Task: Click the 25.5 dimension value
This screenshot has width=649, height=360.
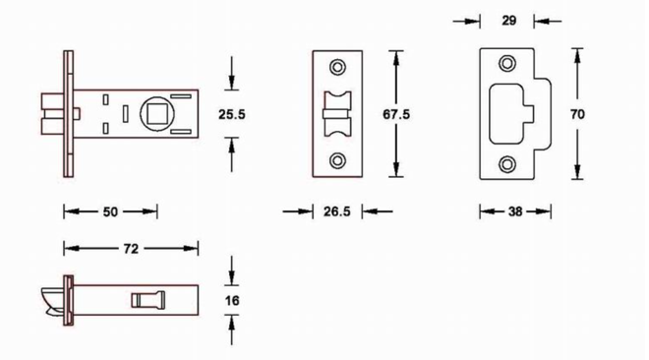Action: (x=232, y=114)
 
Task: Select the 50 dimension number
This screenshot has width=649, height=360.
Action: (x=110, y=211)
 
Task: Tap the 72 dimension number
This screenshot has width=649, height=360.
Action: (x=131, y=249)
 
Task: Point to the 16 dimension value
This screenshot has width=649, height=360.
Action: (x=232, y=300)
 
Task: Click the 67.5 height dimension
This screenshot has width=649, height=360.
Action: (x=396, y=114)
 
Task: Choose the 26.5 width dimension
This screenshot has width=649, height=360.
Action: (x=337, y=211)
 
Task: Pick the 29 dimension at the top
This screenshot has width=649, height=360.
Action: (x=509, y=21)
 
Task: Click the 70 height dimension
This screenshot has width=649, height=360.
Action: (x=577, y=114)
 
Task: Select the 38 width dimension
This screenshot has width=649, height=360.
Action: (x=515, y=211)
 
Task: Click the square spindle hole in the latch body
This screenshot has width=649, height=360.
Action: (x=157, y=114)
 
